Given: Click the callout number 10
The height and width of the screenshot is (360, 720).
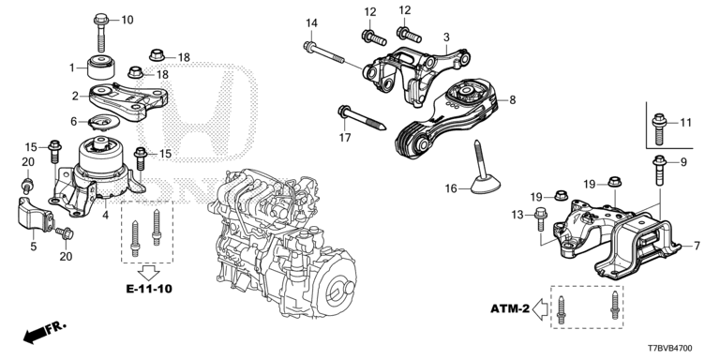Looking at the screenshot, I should [x=127, y=20].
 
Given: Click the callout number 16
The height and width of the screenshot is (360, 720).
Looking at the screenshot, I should [x=451, y=188].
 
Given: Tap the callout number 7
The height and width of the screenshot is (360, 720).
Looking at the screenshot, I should [x=697, y=246].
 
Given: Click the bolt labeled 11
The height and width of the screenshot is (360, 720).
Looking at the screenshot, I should [x=660, y=122].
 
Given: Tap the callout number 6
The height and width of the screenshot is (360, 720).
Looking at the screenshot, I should [x=73, y=121].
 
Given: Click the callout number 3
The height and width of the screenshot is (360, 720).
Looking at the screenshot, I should [x=447, y=37].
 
